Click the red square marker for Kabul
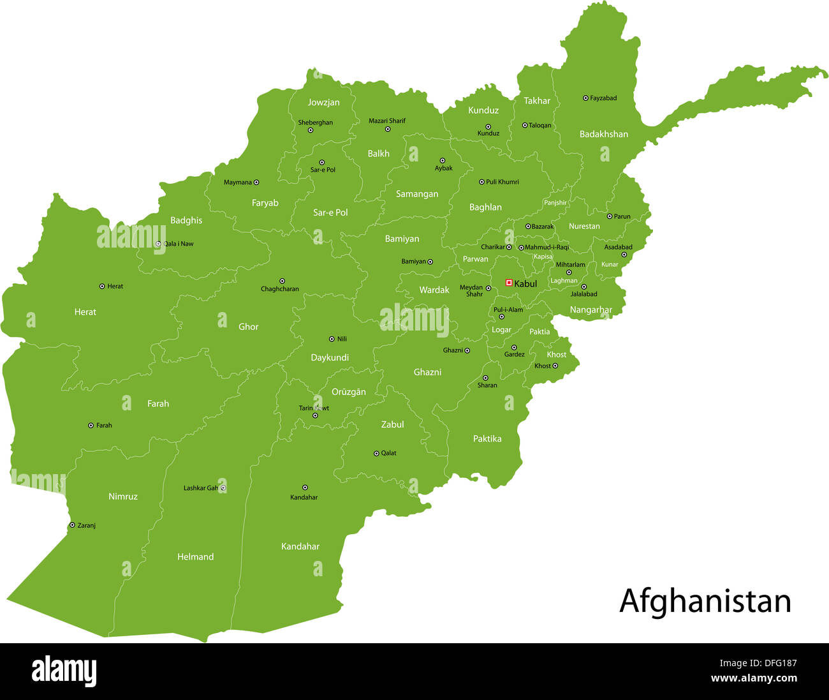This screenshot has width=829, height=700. (x=509, y=282)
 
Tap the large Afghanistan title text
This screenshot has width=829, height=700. (x=705, y=601)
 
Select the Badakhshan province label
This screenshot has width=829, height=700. (x=603, y=134)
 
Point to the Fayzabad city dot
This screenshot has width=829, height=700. (x=585, y=98)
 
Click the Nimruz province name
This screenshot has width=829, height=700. (x=123, y=496)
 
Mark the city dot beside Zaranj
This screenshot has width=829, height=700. (x=71, y=525)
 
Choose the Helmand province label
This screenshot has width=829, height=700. (x=195, y=557)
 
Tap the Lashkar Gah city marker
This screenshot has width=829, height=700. (x=223, y=488)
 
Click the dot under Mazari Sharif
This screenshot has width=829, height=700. (x=387, y=129)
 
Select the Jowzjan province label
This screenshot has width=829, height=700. (x=323, y=102)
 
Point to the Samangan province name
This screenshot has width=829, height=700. (x=417, y=194)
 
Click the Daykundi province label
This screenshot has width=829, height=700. (x=330, y=358)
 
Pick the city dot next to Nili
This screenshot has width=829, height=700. (x=332, y=339)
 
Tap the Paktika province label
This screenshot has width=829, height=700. (x=487, y=439)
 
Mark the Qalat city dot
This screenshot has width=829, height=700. (x=376, y=453)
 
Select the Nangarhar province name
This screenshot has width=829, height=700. (x=591, y=310)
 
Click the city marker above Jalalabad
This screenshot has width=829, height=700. (x=583, y=287)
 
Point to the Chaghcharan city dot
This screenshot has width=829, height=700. (x=282, y=281)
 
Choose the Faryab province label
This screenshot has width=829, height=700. (x=265, y=203)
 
